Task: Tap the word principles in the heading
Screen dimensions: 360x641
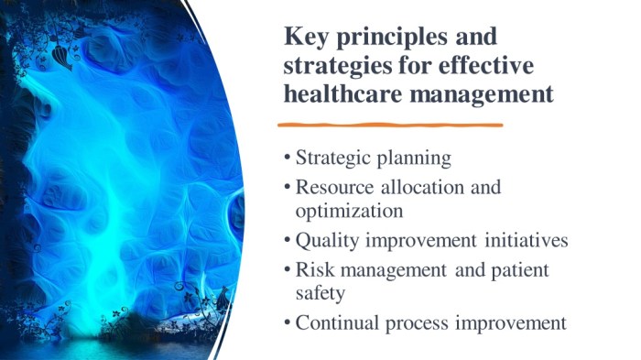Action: (393, 38)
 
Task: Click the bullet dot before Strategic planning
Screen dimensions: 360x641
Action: (288, 158)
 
